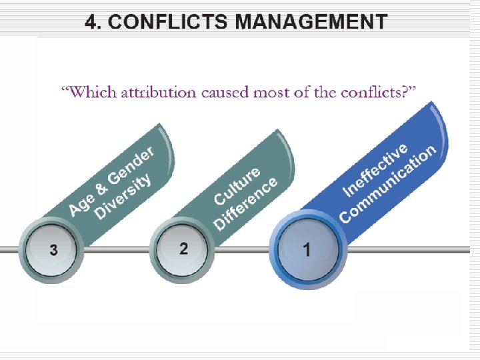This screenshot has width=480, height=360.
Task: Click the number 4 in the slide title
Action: pos(92,21)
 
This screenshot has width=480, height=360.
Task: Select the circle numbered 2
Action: pos(183,249)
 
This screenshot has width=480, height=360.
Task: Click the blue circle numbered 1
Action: pos(307,251)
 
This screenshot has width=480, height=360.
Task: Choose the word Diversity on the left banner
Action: pos(123,196)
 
